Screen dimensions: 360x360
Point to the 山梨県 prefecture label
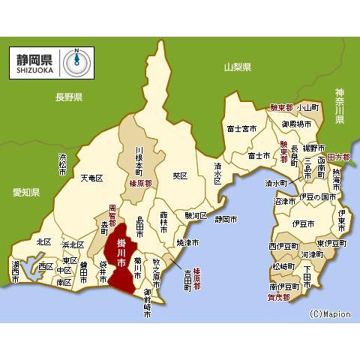238,68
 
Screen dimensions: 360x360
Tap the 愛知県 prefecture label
26,193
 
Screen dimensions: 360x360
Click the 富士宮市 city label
241,128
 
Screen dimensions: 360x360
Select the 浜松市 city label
62,165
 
